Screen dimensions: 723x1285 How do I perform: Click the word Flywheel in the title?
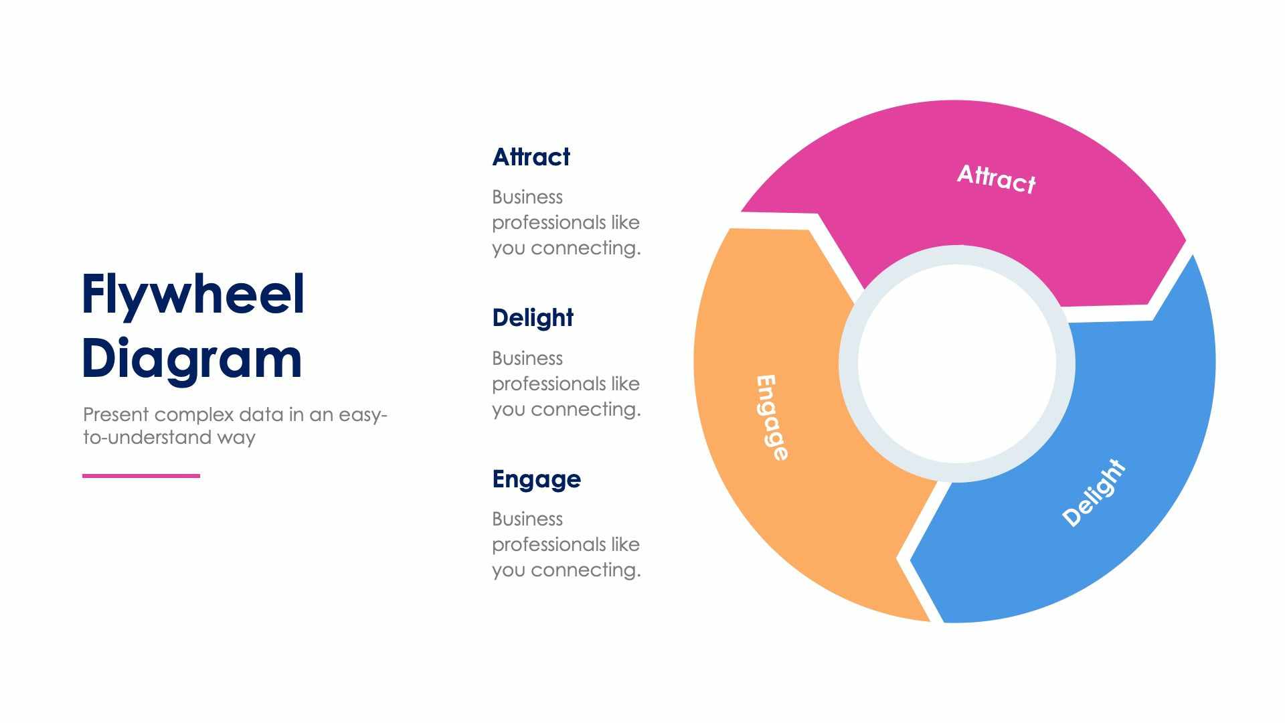point(193,295)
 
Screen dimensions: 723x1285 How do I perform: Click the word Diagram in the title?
point(191,359)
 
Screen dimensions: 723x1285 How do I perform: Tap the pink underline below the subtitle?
point(141,476)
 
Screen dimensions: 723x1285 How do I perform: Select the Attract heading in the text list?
point(531,157)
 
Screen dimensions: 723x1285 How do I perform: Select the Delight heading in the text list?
point(532,318)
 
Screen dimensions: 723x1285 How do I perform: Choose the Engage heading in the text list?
point(536,479)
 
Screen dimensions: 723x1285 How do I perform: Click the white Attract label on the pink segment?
point(996,178)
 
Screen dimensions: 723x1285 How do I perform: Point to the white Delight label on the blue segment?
point(1094,493)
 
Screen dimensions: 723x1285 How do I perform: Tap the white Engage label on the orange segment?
point(772,418)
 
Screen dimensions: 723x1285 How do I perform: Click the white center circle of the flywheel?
point(957,364)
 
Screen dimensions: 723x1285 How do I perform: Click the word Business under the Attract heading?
point(527,197)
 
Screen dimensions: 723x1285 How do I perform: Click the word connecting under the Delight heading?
point(586,409)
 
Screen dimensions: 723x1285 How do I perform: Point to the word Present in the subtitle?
point(116,415)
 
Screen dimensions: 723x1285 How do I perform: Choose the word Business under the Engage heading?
point(527,519)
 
